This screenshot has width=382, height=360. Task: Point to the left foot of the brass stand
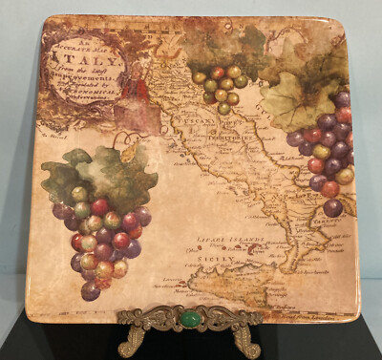pyautogui.click(x=130, y=342)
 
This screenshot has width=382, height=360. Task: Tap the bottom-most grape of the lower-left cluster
pyautogui.click(x=91, y=290)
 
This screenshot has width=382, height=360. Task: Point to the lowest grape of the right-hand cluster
pyautogui.click(x=332, y=207)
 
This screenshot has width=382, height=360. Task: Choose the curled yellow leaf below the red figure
pyautogui.click(x=127, y=151)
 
